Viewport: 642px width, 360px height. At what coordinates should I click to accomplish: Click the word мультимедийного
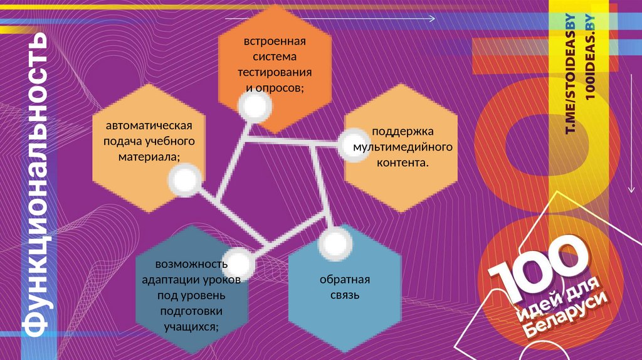click(403, 147)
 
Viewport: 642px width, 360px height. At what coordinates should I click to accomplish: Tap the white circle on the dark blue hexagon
click(239, 263)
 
